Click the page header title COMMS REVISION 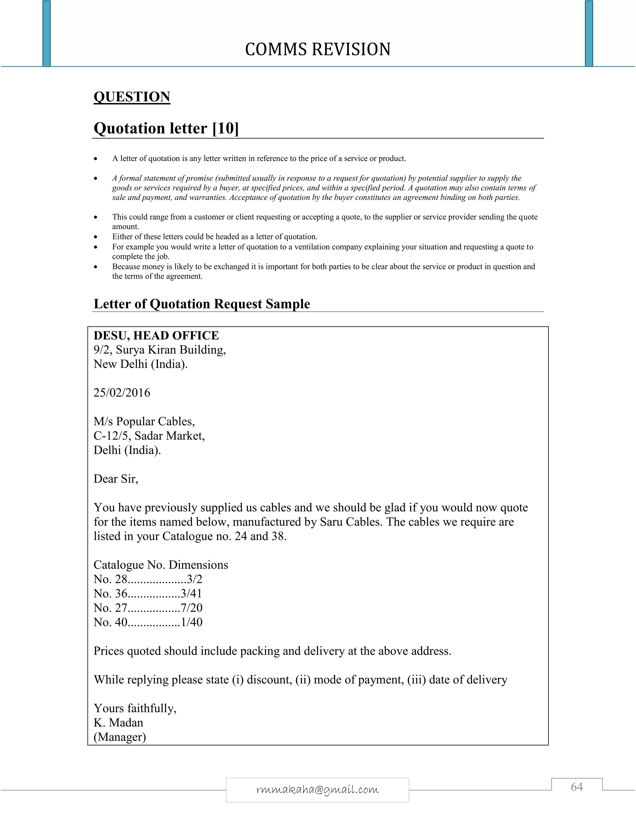pyautogui.click(x=318, y=49)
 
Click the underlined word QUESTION pyautogui.click(x=132, y=97)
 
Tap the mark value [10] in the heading pyautogui.click(x=226, y=129)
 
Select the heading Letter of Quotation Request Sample pyautogui.click(x=202, y=304)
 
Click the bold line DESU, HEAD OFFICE pyautogui.click(x=156, y=335)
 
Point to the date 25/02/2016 pyautogui.click(x=122, y=393)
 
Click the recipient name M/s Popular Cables pyautogui.click(x=144, y=421)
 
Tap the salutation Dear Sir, pyautogui.click(x=116, y=479)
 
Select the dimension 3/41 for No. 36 pyautogui.click(x=191, y=593)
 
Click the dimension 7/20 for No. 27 pyautogui.click(x=191, y=608)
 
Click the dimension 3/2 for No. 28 pyautogui.click(x=194, y=579)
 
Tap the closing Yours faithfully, pyautogui.click(x=135, y=708)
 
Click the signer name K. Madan pyautogui.click(x=118, y=722)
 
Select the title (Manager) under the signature pyautogui.click(x=120, y=737)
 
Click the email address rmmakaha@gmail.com pyautogui.click(x=317, y=789)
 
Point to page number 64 pyautogui.click(x=576, y=787)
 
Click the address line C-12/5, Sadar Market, pyautogui.click(x=149, y=436)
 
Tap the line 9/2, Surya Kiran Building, pyautogui.click(x=160, y=350)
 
